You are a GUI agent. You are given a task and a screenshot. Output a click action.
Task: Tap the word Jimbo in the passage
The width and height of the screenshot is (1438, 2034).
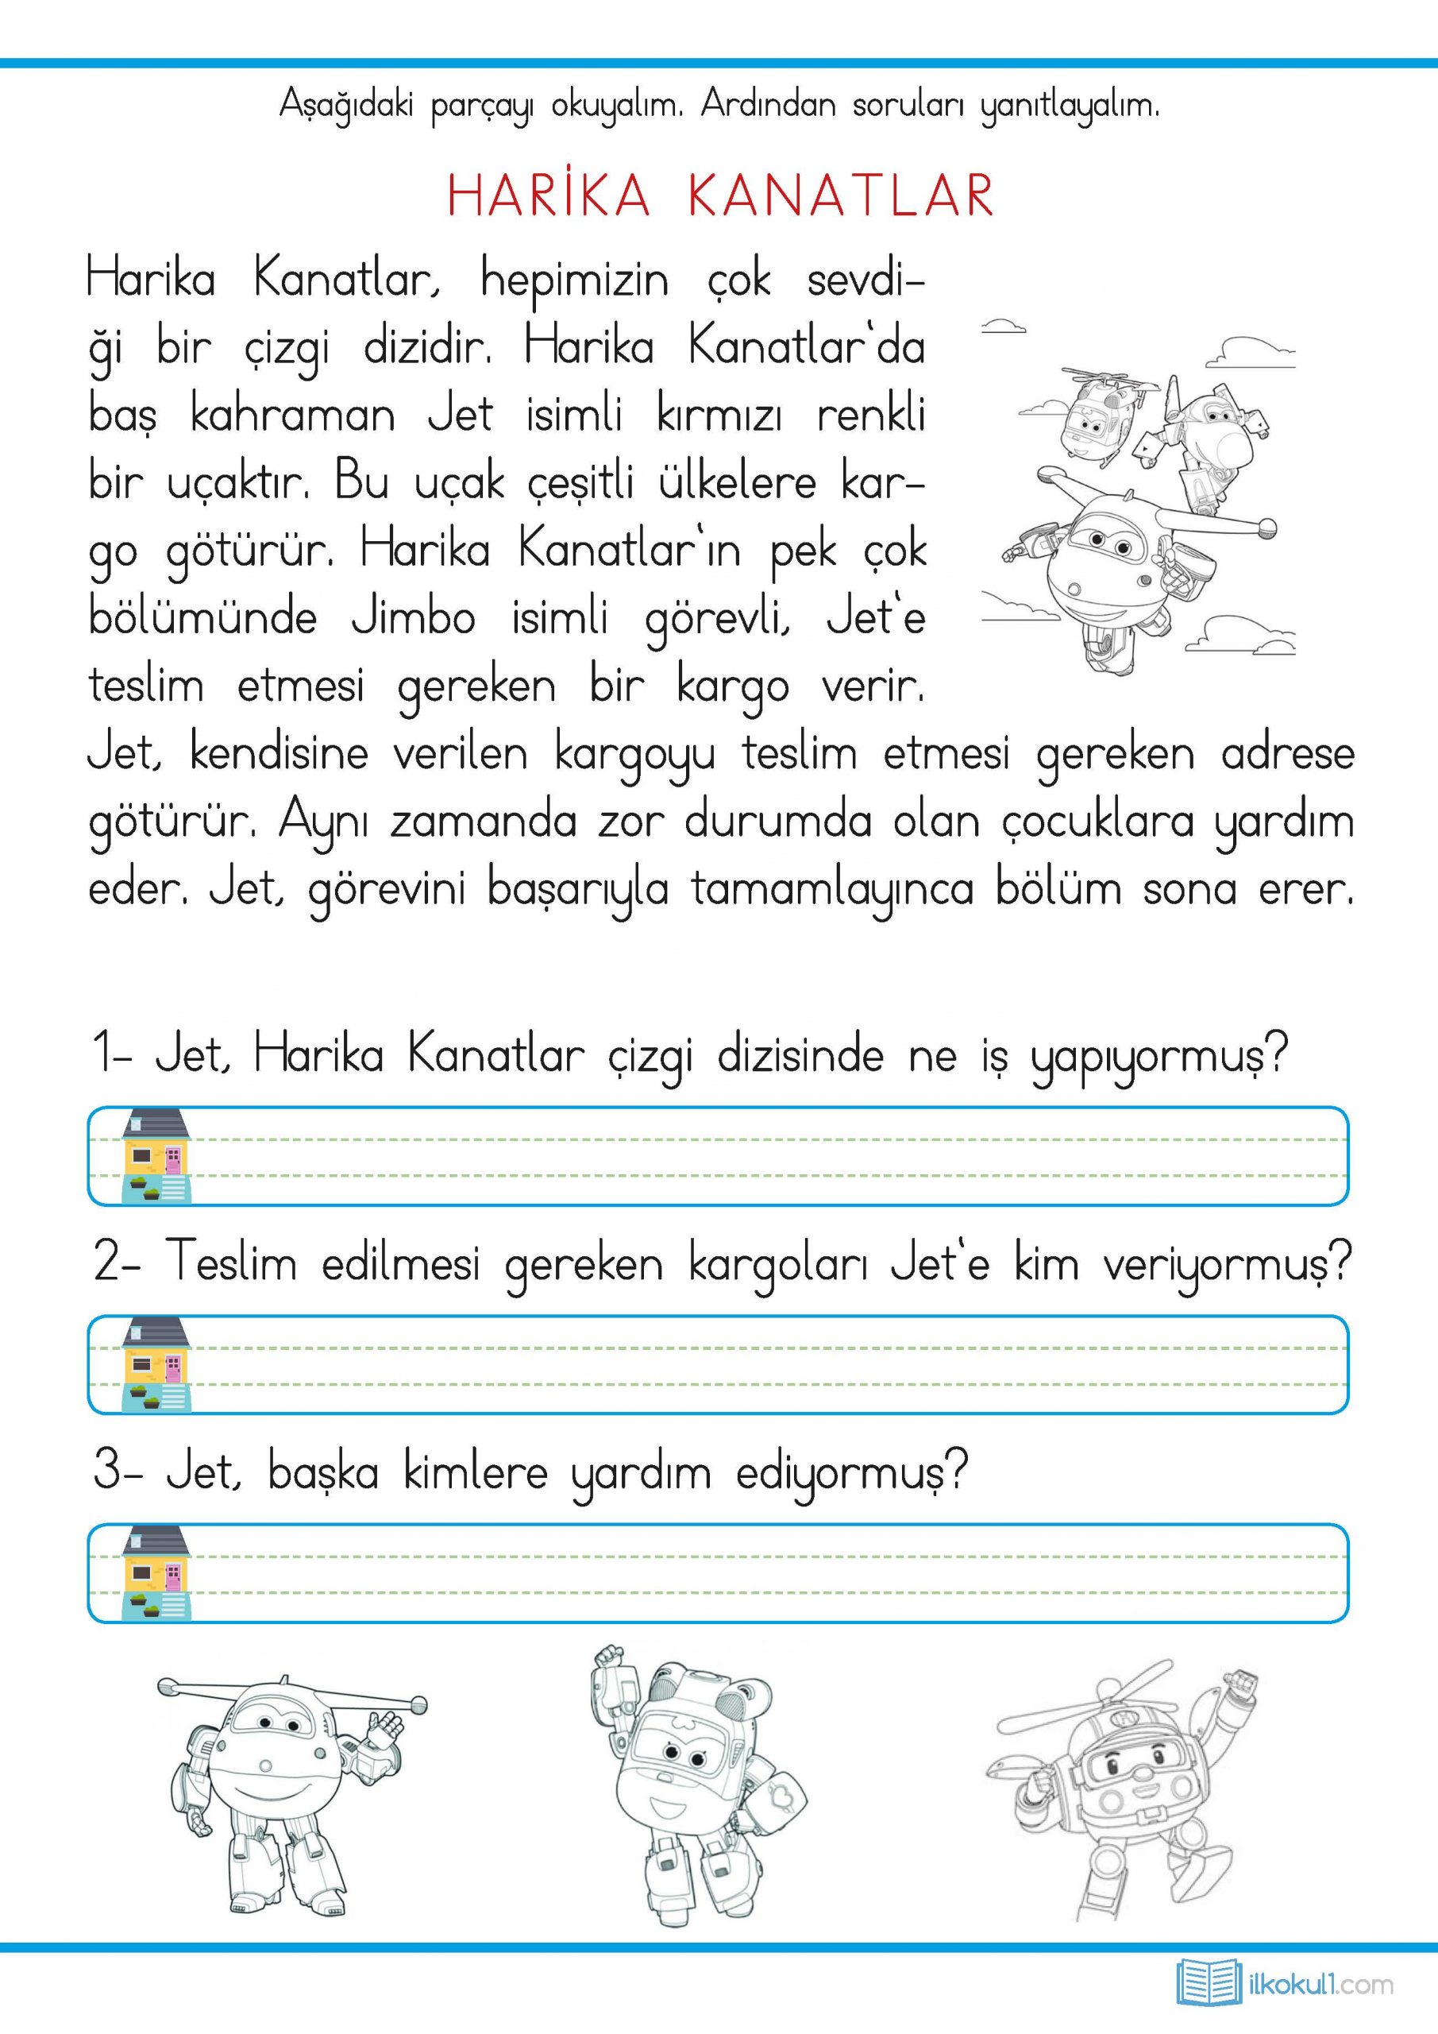click(414, 617)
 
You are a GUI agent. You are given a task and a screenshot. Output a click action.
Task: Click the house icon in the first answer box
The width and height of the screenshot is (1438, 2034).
click(156, 1155)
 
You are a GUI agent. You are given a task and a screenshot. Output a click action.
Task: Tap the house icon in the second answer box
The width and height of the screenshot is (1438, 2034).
click(156, 1364)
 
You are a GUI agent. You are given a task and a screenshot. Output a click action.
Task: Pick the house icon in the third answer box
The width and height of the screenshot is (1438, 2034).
click(156, 1572)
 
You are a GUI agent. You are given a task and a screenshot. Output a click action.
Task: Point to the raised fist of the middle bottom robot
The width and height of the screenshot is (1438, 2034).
click(608, 1657)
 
